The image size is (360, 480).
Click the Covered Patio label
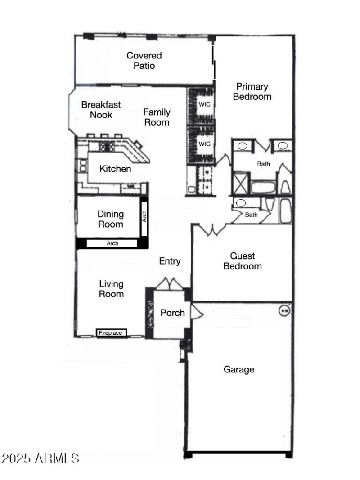(x=144, y=61)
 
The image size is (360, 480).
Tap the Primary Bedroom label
(x=252, y=91)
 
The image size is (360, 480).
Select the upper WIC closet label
(x=205, y=104)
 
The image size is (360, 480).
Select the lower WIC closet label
(x=205, y=144)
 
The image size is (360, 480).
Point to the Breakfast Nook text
(x=101, y=109)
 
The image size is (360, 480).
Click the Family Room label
(x=157, y=117)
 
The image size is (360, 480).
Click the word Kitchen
(x=115, y=169)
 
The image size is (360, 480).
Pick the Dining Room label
(x=110, y=219)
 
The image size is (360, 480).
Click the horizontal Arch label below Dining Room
(x=112, y=243)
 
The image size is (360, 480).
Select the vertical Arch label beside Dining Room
(x=144, y=217)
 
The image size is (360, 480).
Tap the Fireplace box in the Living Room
(x=111, y=333)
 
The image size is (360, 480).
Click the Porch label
(x=172, y=312)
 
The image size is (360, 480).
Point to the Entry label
(x=170, y=261)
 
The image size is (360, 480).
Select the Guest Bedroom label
(x=243, y=261)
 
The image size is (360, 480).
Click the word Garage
(x=239, y=369)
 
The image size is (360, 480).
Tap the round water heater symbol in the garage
(x=284, y=310)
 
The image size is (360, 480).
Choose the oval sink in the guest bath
(x=242, y=203)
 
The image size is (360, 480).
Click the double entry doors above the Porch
(x=169, y=285)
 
